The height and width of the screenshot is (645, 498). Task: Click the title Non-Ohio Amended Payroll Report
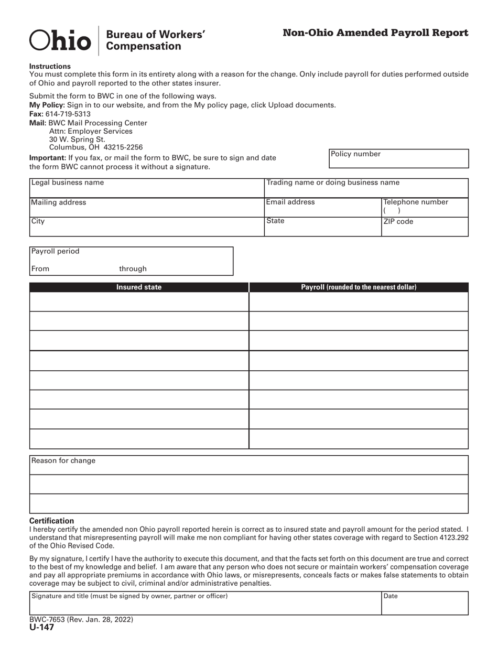coord(375,33)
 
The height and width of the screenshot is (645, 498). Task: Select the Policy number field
coord(398,159)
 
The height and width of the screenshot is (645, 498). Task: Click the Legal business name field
coord(146,188)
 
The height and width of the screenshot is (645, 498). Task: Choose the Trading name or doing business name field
coord(365,188)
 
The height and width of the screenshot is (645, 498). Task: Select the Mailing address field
coord(146,208)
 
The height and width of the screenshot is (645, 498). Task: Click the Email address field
coord(322,208)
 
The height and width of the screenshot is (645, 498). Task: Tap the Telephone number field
coord(425,208)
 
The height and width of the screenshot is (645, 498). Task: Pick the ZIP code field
coord(425,227)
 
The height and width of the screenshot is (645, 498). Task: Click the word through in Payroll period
coord(133,269)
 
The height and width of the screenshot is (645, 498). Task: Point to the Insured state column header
coord(139,287)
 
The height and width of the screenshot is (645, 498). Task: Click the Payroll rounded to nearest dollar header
coord(359,287)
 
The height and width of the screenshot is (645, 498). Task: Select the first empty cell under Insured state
coord(139,302)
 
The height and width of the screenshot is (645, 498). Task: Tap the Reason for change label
coord(63,461)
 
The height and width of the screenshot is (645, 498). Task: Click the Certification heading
coord(51,521)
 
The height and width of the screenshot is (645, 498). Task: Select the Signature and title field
coord(205,604)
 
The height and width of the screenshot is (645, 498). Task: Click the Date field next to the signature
coord(425,604)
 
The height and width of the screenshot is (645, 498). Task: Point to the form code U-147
coord(41,628)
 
